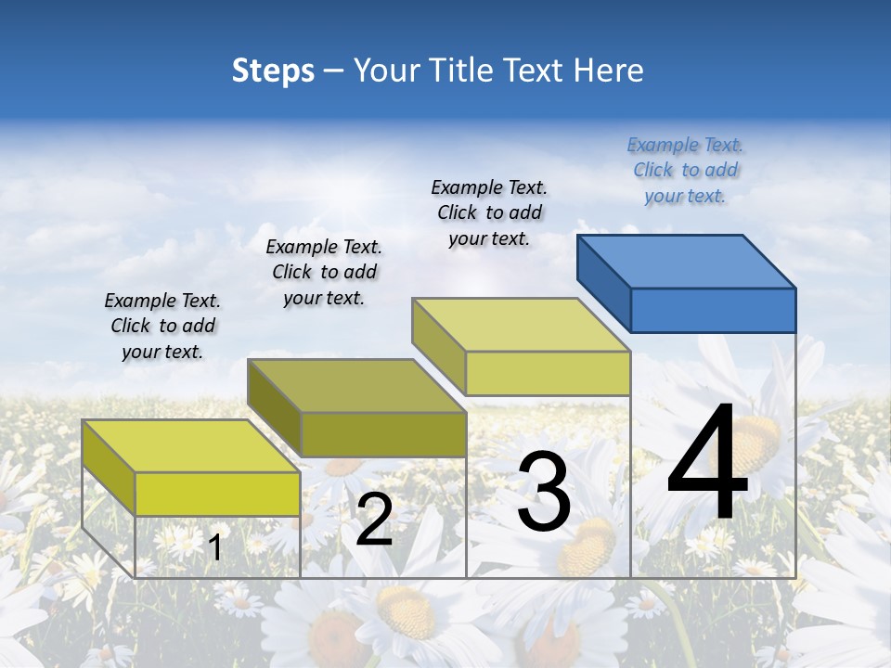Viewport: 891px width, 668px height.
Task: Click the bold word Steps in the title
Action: [272, 71]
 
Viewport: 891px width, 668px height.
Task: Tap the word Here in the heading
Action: [609, 71]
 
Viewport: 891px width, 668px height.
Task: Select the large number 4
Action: [707, 464]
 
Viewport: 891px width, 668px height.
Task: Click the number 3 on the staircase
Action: [544, 493]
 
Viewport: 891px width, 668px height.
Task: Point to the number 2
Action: [374, 520]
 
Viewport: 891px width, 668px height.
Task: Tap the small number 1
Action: [214, 548]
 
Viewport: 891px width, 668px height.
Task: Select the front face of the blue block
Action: [713, 310]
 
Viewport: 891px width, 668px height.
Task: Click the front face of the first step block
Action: [217, 494]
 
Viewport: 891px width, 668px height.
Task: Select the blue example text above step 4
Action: [685, 171]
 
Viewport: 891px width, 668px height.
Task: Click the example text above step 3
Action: [489, 213]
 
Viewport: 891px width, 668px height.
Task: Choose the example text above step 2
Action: [324, 273]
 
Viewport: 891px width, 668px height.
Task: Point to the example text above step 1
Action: [162, 327]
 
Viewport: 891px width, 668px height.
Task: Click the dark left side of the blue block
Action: [603, 279]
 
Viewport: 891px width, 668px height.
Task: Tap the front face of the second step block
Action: [382, 434]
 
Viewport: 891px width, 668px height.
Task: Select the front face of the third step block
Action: [548, 373]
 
